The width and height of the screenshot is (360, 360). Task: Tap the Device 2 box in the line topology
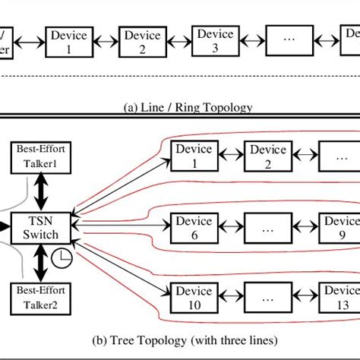143,41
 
